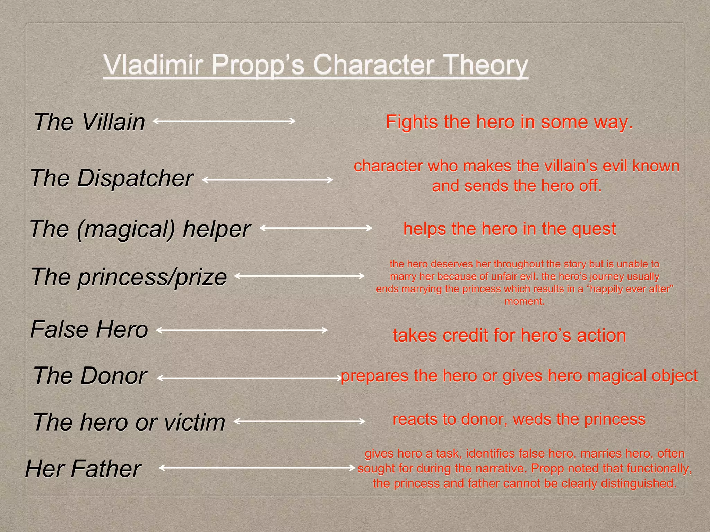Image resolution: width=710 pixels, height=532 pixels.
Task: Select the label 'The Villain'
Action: tap(89, 122)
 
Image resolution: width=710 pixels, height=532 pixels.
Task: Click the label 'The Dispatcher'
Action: tap(112, 178)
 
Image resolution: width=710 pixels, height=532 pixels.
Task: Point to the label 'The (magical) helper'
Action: tap(140, 229)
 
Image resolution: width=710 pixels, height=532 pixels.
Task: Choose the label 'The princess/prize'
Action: tap(129, 277)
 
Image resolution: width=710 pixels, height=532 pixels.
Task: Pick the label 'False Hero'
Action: tap(89, 329)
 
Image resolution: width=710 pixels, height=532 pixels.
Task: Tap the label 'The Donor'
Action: tap(90, 376)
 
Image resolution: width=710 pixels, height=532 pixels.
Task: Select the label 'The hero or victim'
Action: tap(129, 422)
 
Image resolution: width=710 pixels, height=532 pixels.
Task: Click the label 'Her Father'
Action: tap(83, 469)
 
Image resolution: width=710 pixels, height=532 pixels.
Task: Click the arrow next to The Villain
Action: tap(224, 121)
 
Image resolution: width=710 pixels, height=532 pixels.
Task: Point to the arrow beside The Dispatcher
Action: tap(267, 180)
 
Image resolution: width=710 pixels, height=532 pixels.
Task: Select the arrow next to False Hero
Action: tap(242, 330)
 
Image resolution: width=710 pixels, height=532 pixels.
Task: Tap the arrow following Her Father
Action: tap(257, 468)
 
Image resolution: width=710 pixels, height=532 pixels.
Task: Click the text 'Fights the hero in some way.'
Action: tap(509, 122)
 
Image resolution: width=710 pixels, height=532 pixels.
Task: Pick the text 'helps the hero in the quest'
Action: tap(509, 229)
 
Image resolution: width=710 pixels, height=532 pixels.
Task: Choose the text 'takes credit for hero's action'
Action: tap(509, 335)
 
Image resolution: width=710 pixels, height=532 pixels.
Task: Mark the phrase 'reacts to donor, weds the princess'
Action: tap(519, 419)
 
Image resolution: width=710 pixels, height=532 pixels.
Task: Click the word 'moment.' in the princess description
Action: tap(525, 301)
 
